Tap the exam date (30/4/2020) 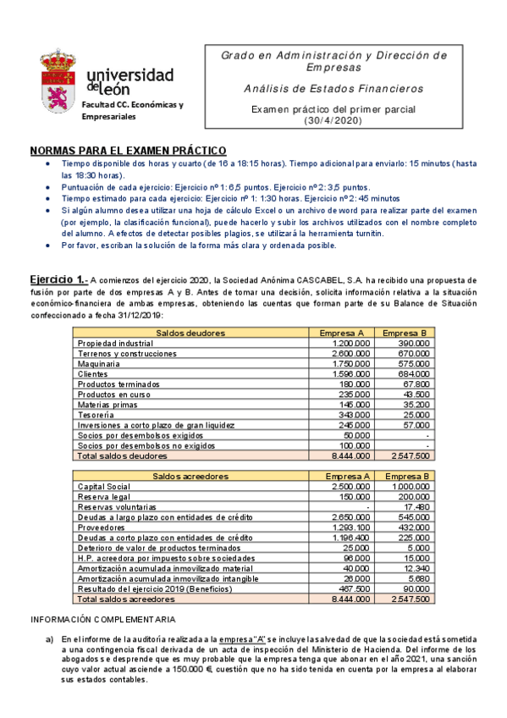pos(331,121)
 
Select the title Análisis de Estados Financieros pos(333,89)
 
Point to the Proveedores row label pos(103,527)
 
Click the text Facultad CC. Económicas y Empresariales pos(131,110)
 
